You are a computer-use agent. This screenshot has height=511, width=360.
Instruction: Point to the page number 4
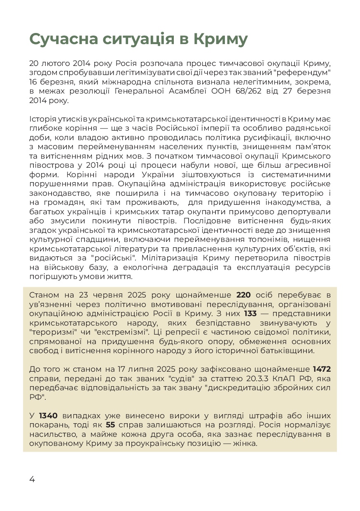pos(32,479)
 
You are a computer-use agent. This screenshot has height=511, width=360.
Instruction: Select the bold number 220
pos(243,295)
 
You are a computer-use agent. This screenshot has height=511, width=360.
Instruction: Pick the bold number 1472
pos(322,369)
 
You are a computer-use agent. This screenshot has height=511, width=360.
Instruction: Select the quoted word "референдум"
pos(299,73)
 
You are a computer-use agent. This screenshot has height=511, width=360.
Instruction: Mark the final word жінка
pos(244,443)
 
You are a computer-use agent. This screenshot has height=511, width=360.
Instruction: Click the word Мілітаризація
pos(164,258)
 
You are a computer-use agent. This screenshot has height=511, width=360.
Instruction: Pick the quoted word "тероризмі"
pos(53,332)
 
